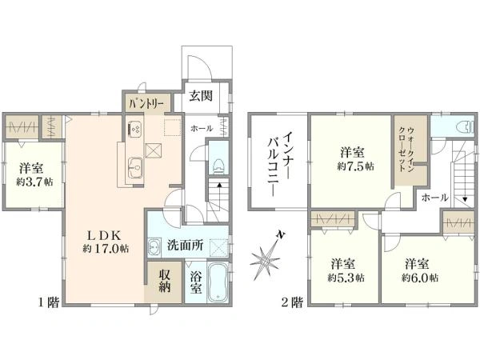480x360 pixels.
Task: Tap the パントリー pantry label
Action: click(145, 103)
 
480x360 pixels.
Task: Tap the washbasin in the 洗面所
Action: click(154, 246)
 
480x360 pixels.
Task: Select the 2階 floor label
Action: click(290, 302)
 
